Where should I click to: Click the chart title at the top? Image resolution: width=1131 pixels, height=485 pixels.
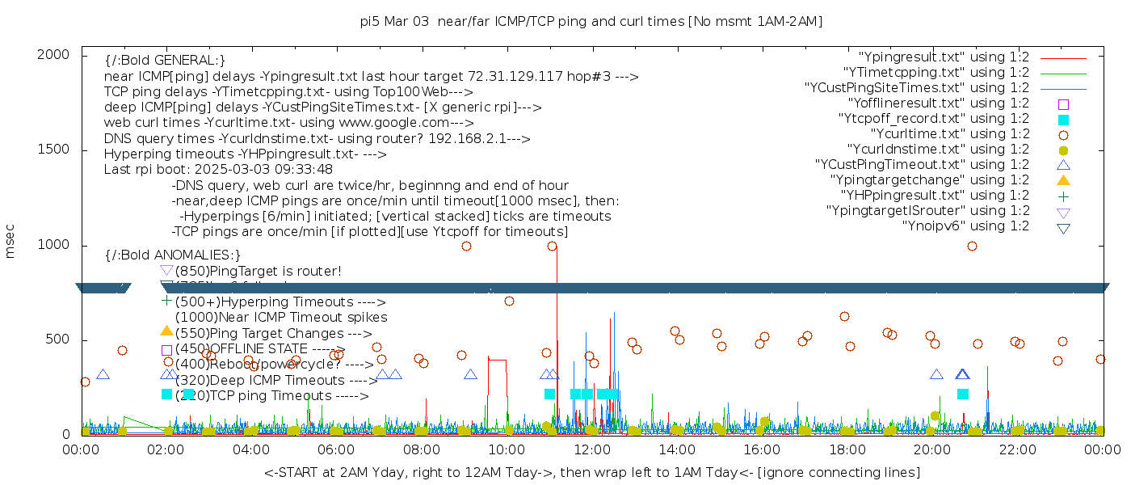(591, 22)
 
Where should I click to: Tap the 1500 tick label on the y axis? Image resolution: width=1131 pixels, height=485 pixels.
(54, 150)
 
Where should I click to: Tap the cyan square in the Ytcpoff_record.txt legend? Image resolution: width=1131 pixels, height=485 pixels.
(1063, 120)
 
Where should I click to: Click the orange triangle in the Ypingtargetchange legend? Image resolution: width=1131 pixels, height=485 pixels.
(1063, 180)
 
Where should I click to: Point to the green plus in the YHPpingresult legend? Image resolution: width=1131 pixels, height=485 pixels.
(1063, 196)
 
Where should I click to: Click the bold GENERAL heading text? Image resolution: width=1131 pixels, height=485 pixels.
(165, 61)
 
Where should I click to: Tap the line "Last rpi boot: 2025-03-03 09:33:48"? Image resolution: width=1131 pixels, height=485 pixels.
(218, 170)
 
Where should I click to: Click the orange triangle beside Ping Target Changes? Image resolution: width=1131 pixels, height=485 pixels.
(166, 331)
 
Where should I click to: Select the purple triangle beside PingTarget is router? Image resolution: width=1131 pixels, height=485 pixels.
(166, 270)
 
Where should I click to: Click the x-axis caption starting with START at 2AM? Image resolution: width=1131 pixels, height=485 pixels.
(591, 472)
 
